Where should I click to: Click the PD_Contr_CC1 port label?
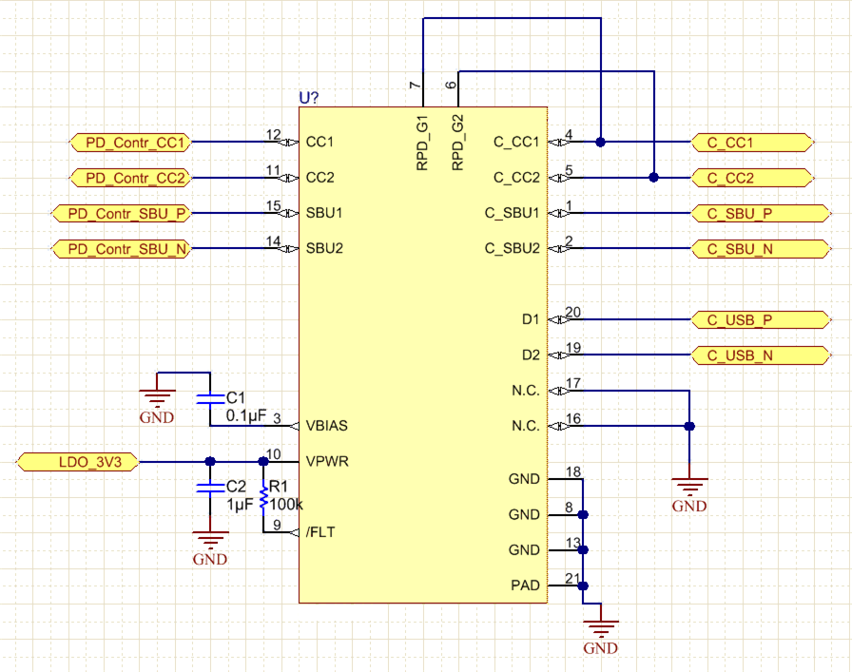pos(132,143)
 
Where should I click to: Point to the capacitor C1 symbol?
pos(208,399)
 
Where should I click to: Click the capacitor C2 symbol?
pos(208,487)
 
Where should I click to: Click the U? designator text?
pos(309,98)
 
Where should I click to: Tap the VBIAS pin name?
pos(327,426)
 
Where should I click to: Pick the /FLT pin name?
pos(320,532)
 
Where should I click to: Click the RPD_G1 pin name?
pos(422,144)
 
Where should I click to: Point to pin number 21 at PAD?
pos(571,578)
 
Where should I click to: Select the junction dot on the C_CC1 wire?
pos(601,143)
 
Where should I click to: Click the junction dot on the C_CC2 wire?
pos(653,178)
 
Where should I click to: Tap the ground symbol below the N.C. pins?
pos(688,482)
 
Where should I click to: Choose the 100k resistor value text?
pos(286,504)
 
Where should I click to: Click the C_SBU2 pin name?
pos(512,249)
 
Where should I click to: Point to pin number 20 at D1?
pos(572,313)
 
